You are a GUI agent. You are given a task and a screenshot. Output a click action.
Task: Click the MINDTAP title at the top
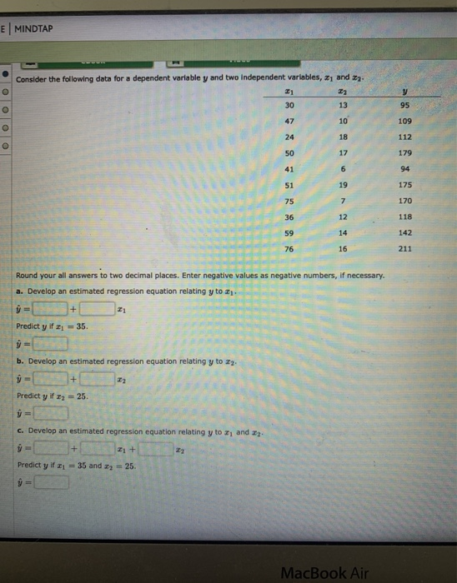click(34, 27)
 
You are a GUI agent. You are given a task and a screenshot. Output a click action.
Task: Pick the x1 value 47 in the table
click(289, 122)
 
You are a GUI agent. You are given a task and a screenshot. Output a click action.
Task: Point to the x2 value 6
click(344, 169)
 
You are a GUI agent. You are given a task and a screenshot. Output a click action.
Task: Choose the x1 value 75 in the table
click(289, 201)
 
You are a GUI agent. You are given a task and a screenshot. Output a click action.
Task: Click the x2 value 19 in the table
click(344, 185)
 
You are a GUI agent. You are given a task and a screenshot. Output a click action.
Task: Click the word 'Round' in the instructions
click(29, 275)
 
